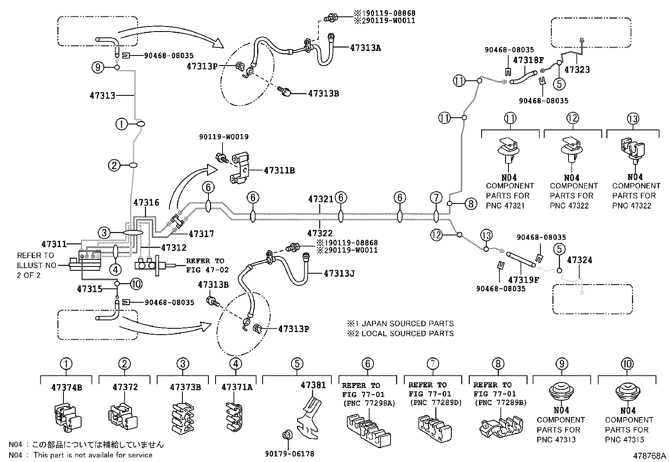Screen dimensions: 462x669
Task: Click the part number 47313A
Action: click(x=365, y=48)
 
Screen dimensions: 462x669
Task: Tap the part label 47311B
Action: click(x=279, y=170)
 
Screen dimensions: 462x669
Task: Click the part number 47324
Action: click(x=579, y=260)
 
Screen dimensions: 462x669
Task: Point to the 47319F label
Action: click(x=523, y=280)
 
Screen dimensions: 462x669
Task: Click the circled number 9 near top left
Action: click(x=98, y=67)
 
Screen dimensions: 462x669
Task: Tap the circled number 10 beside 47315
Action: click(x=137, y=284)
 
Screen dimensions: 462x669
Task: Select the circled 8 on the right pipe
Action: click(x=471, y=204)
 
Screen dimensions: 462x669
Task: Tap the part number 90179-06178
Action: click(x=290, y=454)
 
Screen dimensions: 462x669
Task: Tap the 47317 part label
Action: click(x=201, y=234)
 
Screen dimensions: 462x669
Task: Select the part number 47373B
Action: click(x=185, y=387)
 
